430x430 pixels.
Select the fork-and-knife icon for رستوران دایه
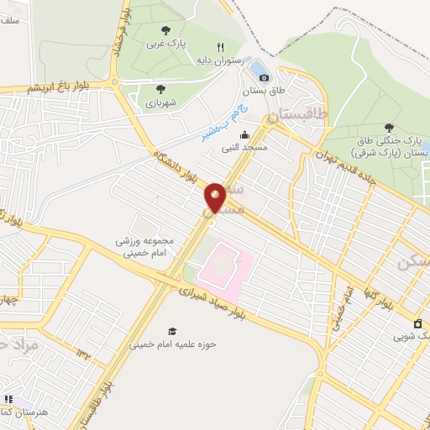[x=221, y=48]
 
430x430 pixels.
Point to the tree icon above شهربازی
[x=160, y=87]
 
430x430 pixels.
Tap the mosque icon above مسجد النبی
[x=244, y=135]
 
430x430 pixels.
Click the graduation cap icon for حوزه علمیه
[x=172, y=332]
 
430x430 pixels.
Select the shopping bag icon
[x=417, y=324]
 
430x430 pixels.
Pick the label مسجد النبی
[x=244, y=147]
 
